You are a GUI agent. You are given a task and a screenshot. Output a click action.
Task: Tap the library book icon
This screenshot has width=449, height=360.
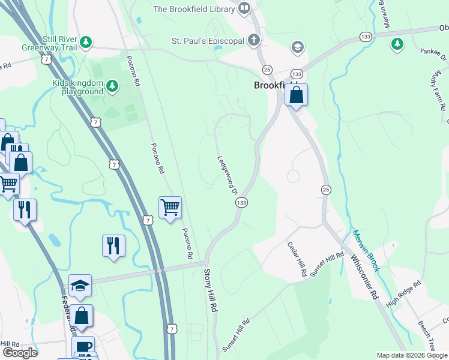[244, 8]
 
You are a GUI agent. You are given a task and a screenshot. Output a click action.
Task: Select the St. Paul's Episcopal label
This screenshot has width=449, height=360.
[208, 41]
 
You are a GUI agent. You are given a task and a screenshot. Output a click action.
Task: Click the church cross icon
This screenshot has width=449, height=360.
[255, 41]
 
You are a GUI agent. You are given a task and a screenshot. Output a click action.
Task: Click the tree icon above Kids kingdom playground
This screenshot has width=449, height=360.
[112, 87]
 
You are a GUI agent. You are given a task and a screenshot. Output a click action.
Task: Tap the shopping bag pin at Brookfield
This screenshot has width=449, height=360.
[296, 95]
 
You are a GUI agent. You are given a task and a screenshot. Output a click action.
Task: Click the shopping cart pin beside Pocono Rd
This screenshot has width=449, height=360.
[170, 208]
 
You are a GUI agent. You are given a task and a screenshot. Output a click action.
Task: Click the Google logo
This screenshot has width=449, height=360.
[20, 353]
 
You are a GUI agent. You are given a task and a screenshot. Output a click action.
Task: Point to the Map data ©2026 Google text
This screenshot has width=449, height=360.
[411, 355]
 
